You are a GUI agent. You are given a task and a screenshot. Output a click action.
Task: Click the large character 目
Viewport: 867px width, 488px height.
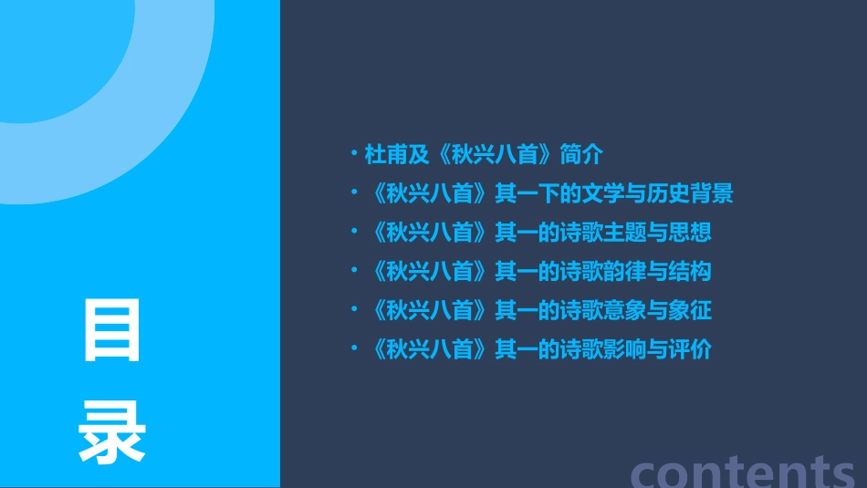click(113, 331)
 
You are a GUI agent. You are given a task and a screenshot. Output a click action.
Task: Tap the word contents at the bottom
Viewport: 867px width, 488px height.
click(743, 470)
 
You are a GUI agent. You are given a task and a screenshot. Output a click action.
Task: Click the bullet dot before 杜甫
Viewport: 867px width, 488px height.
click(355, 153)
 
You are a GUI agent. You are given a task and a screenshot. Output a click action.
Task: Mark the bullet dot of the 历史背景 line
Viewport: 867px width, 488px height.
click(355, 192)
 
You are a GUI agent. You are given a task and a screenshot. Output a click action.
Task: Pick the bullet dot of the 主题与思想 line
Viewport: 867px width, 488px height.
click(355, 232)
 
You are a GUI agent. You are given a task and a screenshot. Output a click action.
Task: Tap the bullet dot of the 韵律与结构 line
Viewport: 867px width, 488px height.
click(355, 271)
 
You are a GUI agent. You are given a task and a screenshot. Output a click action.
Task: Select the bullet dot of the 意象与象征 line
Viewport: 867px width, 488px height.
click(355, 310)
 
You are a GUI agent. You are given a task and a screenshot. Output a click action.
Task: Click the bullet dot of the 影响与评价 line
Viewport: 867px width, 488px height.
click(355, 349)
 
